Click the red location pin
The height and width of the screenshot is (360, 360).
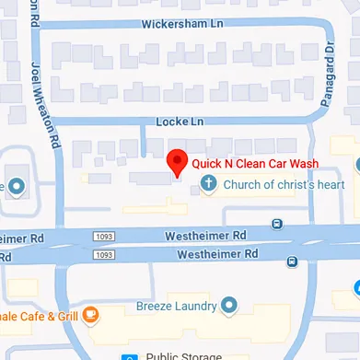177,162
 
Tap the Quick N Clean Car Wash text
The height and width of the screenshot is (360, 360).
254,164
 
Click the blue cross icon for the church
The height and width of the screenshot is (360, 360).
208,184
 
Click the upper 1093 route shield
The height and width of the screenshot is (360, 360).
103,237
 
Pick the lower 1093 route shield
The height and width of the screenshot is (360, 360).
103,253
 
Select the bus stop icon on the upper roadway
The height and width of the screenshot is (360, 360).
278,224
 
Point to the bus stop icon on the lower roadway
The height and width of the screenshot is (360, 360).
292,261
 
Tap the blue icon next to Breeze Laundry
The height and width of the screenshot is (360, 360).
229,304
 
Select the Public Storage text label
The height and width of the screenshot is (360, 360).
183,355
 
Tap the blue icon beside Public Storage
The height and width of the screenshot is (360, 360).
131,355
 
